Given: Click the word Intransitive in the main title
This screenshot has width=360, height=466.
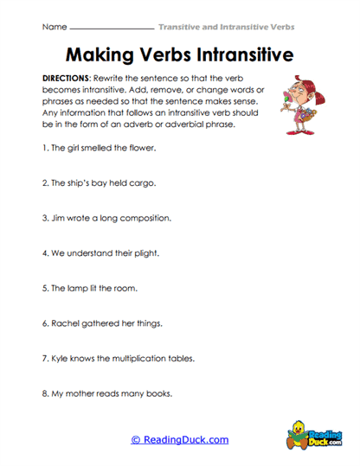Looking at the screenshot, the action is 240,54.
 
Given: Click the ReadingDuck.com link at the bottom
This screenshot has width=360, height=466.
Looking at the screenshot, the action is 179,439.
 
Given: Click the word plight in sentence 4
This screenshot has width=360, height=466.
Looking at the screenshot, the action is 143,253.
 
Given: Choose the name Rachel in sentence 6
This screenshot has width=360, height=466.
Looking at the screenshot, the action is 67,323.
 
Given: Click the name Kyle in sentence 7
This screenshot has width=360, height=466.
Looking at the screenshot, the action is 61,358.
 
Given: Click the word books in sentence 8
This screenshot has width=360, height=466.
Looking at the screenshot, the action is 157,393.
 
